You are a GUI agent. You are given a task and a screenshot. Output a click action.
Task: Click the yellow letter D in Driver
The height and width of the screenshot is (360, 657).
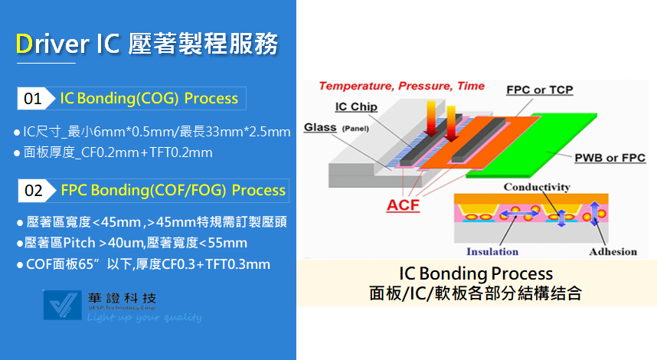point(24,44)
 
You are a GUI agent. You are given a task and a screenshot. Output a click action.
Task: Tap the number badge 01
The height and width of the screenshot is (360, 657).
point(34,99)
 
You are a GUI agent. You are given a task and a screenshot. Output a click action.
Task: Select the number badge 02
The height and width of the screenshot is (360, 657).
point(35,191)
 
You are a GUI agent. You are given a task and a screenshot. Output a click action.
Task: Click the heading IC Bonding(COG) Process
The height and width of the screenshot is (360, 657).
point(149,99)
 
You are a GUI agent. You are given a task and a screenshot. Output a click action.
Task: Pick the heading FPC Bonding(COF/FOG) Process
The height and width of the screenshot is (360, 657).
point(173,191)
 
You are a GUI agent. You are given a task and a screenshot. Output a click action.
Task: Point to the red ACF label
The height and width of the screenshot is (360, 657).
point(403,205)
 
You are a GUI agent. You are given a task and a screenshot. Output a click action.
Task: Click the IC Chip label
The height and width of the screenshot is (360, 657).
point(356,107)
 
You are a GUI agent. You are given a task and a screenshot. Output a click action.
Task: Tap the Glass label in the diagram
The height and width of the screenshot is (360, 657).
point(320,127)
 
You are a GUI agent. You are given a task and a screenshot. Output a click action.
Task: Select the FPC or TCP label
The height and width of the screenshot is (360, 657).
point(540,90)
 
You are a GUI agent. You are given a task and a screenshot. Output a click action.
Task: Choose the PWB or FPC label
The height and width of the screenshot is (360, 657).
point(610,158)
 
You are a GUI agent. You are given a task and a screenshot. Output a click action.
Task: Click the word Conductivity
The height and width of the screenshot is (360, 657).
point(537,187)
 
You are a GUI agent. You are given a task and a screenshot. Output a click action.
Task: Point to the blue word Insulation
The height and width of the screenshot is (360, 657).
point(492,251)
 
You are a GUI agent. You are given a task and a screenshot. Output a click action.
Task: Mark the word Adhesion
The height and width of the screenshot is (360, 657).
point(613,251)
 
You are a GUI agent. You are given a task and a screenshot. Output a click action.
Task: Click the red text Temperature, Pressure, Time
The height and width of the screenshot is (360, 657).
point(401,86)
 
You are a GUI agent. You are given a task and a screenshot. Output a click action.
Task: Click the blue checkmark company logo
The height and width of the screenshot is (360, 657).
point(63,305)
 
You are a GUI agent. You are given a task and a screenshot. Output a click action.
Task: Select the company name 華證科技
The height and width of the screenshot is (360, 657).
point(122,299)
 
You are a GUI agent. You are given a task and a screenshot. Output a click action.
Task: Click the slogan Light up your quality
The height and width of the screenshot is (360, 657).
point(144,318)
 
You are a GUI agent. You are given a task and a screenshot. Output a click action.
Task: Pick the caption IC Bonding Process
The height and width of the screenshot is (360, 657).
point(476,273)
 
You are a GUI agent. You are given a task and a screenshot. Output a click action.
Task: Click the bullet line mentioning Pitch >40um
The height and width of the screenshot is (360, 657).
point(132,243)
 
